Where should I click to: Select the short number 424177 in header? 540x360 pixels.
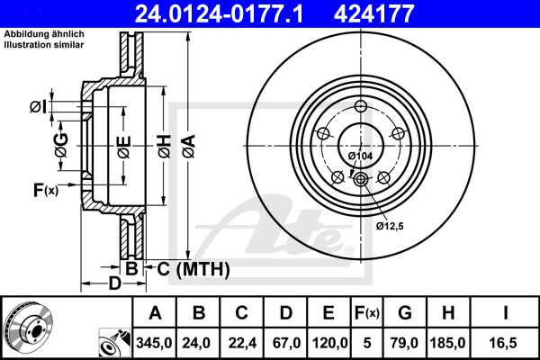pos(400,13)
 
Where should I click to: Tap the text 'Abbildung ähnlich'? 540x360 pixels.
pos(44,34)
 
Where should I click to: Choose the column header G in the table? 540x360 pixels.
pos(404,313)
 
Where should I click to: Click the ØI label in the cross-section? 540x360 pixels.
pos(37,107)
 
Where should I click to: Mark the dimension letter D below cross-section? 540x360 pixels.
pos(114,283)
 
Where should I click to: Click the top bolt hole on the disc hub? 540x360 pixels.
pos(361,109)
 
